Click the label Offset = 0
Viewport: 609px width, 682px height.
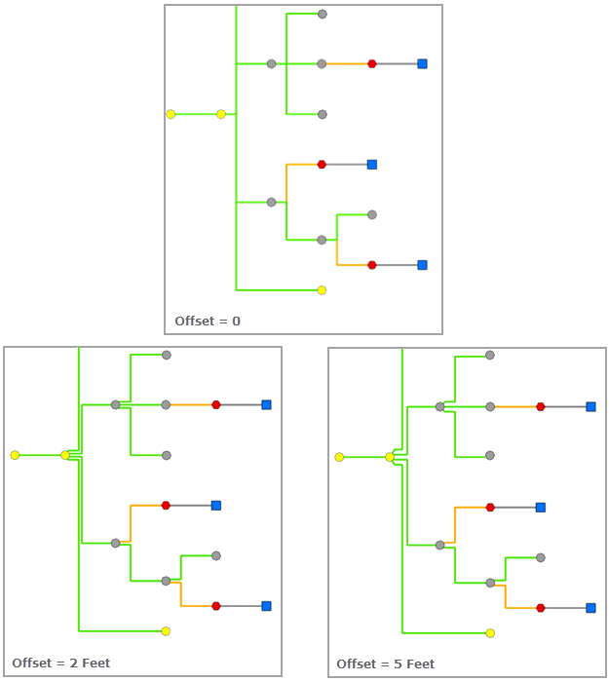pyautogui.click(x=208, y=321)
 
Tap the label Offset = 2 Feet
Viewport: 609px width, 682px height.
pyautogui.click(x=60, y=663)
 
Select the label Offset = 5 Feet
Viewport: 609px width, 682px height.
pyautogui.click(x=385, y=663)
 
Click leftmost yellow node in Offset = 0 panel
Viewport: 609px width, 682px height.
pyautogui.click(x=171, y=114)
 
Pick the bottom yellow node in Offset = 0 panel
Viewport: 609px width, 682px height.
pyautogui.click(x=322, y=289)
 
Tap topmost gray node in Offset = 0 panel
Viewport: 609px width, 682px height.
pyautogui.click(x=322, y=15)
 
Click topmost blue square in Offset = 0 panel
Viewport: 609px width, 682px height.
pyautogui.click(x=422, y=63)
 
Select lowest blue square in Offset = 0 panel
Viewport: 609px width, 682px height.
pyautogui.click(x=422, y=264)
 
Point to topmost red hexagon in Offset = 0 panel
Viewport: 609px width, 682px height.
pyautogui.click(x=371, y=63)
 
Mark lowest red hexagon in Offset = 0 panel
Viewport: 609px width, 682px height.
pyautogui.click(x=371, y=264)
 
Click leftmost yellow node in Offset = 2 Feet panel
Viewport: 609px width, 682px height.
pyautogui.click(x=15, y=455)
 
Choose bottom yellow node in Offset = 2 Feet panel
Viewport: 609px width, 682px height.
pyautogui.click(x=166, y=630)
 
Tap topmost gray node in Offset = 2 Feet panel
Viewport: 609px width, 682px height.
pyautogui.click(x=166, y=355)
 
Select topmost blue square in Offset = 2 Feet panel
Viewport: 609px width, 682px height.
pyautogui.click(x=266, y=404)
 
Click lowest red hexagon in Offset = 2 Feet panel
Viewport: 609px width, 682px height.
pyautogui.click(x=215, y=605)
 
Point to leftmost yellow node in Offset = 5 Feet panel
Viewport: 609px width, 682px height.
pyautogui.click(x=339, y=457)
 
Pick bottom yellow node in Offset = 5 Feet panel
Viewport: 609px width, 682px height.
pyautogui.click(x=490, y=632)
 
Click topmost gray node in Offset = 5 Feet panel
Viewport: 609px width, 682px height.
pyautogui.click(x=490, y=356)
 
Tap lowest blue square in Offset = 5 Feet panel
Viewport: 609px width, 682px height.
pyautogui.click(x=590, y=607)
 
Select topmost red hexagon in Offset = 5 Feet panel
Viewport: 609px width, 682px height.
pyautogui.click(x=540, y=406)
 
